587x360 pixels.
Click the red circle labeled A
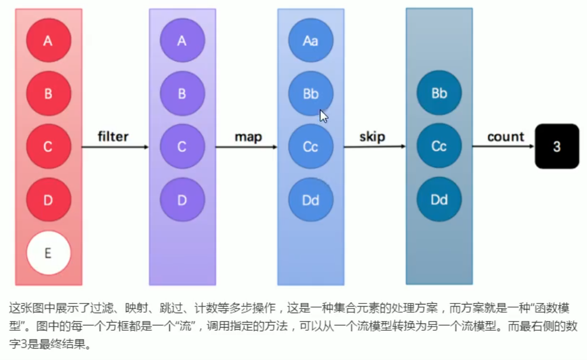point(48,41)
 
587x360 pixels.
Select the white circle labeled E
point(48,253)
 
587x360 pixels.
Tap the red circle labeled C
point(48,147)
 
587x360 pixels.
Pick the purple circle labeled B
point(182,94)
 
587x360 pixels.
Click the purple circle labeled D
point(182,200)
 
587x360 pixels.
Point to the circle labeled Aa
point(310,41)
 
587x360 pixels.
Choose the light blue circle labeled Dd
point(310,200)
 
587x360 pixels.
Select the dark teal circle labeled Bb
point(439,94)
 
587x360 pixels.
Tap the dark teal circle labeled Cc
point(439,147)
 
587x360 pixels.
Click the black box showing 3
point(557,147)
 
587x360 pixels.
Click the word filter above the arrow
point(113,137)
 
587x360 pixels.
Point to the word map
point(248,137)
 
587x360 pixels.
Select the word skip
point(372,137)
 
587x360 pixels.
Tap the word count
point(505,137)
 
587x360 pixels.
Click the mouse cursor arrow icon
point(324,116)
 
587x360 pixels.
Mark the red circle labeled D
point(48,200)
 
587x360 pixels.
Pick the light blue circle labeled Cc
point(310,147)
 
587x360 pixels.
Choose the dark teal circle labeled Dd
point(439,200)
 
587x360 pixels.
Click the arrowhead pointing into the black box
point(531,147)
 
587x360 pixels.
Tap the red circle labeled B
point(48,94)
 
